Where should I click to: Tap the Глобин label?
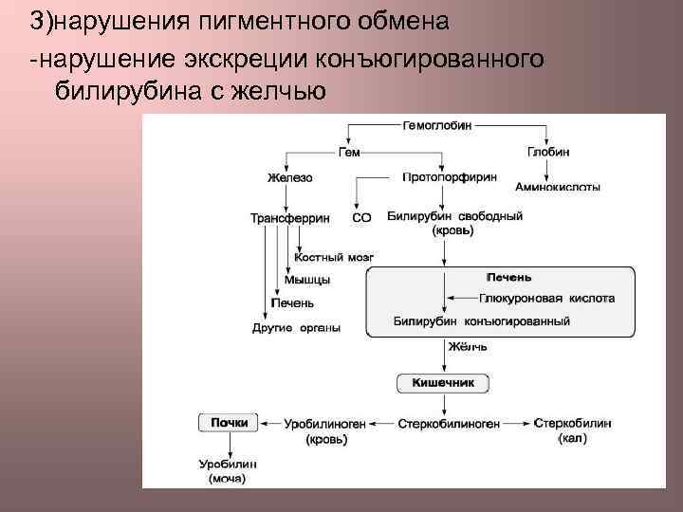pyautogui.click(x=548, y=152)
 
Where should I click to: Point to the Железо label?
pyautogui.click(x=289, y=177)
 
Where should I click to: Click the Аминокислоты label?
pyautogui.click(x=558, y=187)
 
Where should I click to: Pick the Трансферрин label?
pyautogui.click(x=289, y=218)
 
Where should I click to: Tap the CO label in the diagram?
pyautogui.click(x=361, y=218)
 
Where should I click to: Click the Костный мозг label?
pyautogui.click(x=334, y=257)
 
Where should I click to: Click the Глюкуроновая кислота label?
pyautogui.click(x=533, y=298)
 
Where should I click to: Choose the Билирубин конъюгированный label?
pyautogui.click(x=481, y=321)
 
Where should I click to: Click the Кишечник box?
pyautogui.click(x=443, y=383)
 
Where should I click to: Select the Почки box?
pyautogui.click(x=229, y=423)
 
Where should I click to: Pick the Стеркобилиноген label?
pyautogui.click(x=449, y=424)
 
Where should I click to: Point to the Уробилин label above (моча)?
pyautogui.click(x=228, y=465)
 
